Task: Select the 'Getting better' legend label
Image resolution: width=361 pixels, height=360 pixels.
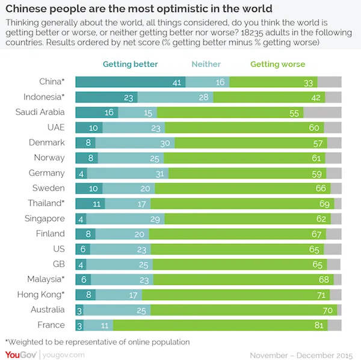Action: point(130,64)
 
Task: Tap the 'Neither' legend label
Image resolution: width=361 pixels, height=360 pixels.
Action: point(206,64)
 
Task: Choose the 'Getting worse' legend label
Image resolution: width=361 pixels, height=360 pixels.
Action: point(277,64)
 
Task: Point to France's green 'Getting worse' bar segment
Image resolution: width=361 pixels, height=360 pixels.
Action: point(220,325)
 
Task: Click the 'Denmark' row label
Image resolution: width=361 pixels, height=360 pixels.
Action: point(47,142)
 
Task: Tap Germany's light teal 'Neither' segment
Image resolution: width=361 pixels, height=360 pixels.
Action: point(128,173)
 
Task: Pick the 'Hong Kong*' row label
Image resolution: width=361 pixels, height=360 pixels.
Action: point(44,294)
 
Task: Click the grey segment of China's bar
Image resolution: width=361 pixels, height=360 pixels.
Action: point(329,82)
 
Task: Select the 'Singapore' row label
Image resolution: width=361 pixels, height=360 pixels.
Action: point(45,218)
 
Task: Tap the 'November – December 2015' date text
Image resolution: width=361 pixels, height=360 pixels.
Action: point(301,354)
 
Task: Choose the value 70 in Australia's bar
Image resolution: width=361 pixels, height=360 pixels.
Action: point(328,310)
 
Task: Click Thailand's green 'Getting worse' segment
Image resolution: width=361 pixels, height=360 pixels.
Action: point(241,203)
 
